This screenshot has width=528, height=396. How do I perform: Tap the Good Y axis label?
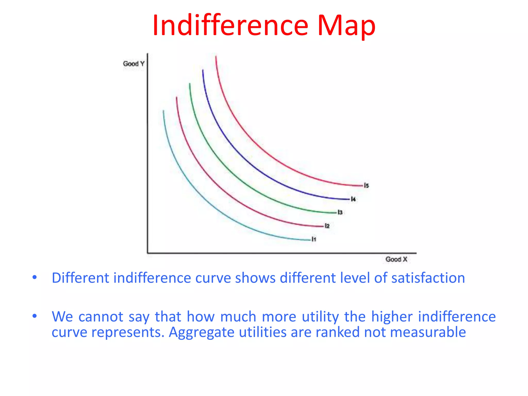click(x=134, y=64)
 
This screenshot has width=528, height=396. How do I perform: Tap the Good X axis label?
click(x=396, y=259)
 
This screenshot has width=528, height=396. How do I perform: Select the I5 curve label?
click(x=366, y=185)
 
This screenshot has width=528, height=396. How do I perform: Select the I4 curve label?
click(x=353, y=199)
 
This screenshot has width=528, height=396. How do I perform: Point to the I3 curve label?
click(x=340, y=212)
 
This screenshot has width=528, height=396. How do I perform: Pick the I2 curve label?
click(x=327, y=226)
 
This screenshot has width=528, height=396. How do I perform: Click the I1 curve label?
click(x=314, y=239)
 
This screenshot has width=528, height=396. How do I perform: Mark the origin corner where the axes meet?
click(x=148, y=253)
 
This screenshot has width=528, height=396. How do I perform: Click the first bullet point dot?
click(x=35, y=277)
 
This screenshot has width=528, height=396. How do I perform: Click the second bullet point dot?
click(x=35, y=316)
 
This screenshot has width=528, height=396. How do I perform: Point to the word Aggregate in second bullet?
click(x=202, y=332)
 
